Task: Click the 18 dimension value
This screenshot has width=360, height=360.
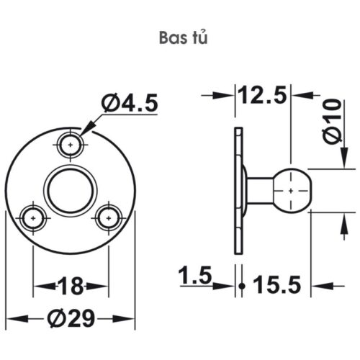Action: click(x=71, y=287)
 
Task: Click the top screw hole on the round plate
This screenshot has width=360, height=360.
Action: click(x=70, y=143)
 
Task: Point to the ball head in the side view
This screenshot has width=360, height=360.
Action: click(x=291, y=190)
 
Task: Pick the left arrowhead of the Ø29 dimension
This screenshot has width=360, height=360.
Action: click(x=12, y=318)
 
